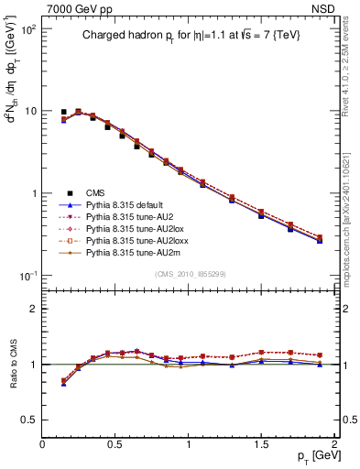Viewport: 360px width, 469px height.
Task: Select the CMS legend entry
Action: tap(95, 192)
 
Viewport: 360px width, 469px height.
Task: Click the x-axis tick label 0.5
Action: tap(115, 444)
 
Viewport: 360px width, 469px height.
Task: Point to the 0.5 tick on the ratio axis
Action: tap(30, 420)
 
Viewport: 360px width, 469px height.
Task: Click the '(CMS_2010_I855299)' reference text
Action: tap(189, 274)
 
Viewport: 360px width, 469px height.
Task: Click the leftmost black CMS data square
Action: tap(64, 112)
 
